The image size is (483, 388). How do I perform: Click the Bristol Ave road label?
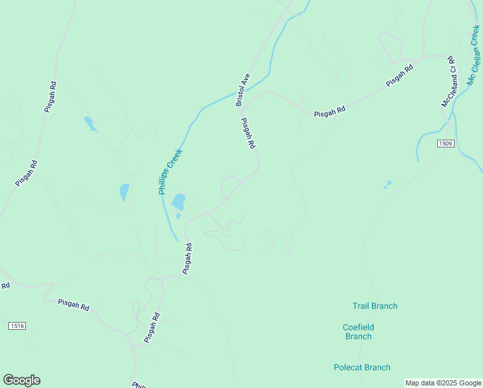point(243,90)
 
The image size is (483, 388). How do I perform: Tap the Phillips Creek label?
point(171,172)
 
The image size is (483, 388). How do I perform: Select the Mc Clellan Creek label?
point(475,56)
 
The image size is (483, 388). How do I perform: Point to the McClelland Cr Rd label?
point(449,81)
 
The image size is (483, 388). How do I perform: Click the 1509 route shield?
point(444,143)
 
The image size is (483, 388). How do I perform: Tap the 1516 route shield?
point(17,326)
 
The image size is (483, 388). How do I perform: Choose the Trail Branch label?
point(375,306)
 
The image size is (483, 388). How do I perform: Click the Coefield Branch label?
point(358,332)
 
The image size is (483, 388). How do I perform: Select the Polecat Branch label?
point(362,367)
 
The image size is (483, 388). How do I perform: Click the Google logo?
point(21,380)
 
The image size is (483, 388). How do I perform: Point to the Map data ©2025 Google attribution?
point(443,383)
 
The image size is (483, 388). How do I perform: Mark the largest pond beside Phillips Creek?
point(178,202)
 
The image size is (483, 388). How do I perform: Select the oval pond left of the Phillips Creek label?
point(124,192)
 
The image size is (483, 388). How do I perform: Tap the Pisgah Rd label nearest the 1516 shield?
point(73,305)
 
